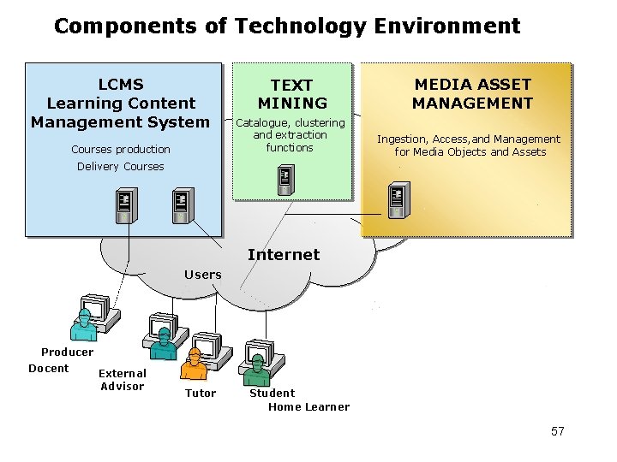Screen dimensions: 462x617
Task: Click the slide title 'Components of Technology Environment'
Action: point(286,26)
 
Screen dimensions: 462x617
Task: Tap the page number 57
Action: point(557,431)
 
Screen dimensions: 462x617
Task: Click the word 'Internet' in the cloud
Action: point(283,254)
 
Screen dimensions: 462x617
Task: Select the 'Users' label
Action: point(203,275)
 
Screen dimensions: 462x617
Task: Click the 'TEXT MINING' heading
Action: point(292,94)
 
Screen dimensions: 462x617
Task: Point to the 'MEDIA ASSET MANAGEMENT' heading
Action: point(472,94)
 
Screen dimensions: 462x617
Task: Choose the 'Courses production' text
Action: point(121,150)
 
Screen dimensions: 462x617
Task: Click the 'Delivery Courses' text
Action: point(120,167)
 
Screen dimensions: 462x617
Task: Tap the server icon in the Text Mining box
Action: point(286,180)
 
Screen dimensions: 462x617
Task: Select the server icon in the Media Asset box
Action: point(397,200)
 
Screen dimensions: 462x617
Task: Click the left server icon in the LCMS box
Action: point(126,206)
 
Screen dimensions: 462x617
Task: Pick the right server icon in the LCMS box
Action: point(181,204)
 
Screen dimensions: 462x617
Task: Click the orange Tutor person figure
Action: point(195,365)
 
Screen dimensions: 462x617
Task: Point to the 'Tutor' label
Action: point(201,394)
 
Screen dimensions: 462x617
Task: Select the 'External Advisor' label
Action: point(123,380)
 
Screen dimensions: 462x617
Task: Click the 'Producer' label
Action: point(68,352)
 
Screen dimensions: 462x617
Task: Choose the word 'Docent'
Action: point(49,369)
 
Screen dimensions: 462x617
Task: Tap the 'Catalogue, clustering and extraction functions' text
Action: point(290,135)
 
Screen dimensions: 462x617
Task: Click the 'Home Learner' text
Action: point(308,407)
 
